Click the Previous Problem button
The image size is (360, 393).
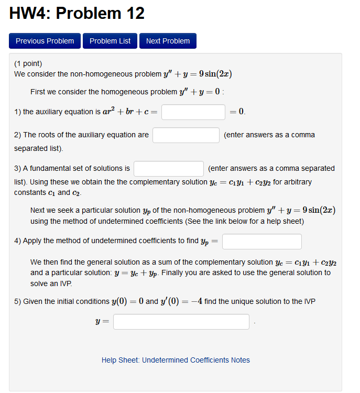[x=45, y=41]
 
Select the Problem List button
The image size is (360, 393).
[x=110, y=41]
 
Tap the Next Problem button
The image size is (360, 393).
[x=168, y=41]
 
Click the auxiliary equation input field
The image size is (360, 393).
[x=193, y=112]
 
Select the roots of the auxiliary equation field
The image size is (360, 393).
[x=186, y=135]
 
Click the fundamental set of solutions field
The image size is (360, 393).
[x=168, y=169]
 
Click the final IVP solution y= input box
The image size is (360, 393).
[x=181, y=322]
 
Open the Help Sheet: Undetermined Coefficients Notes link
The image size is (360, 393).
[x=176, y=360]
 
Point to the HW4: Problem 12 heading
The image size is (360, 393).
[x=77, y=14]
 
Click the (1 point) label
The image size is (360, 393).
[x=28, y=64]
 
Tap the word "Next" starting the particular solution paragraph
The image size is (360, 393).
[x=38, y=210]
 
